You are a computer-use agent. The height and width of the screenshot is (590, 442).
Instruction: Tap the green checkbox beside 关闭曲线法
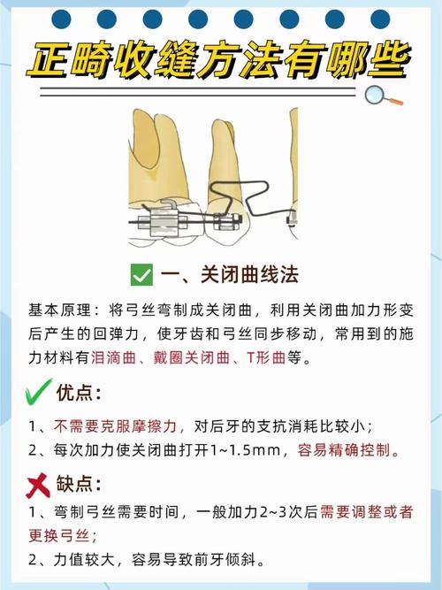coord(141,274)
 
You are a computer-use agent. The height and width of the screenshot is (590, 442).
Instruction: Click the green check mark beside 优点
coord(34,392)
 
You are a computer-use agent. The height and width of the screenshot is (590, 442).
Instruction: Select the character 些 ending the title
coord(385,58)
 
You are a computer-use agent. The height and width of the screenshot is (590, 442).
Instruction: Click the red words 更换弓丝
coord(63,536)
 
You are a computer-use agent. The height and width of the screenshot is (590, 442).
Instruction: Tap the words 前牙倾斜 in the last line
coord(229,561)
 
